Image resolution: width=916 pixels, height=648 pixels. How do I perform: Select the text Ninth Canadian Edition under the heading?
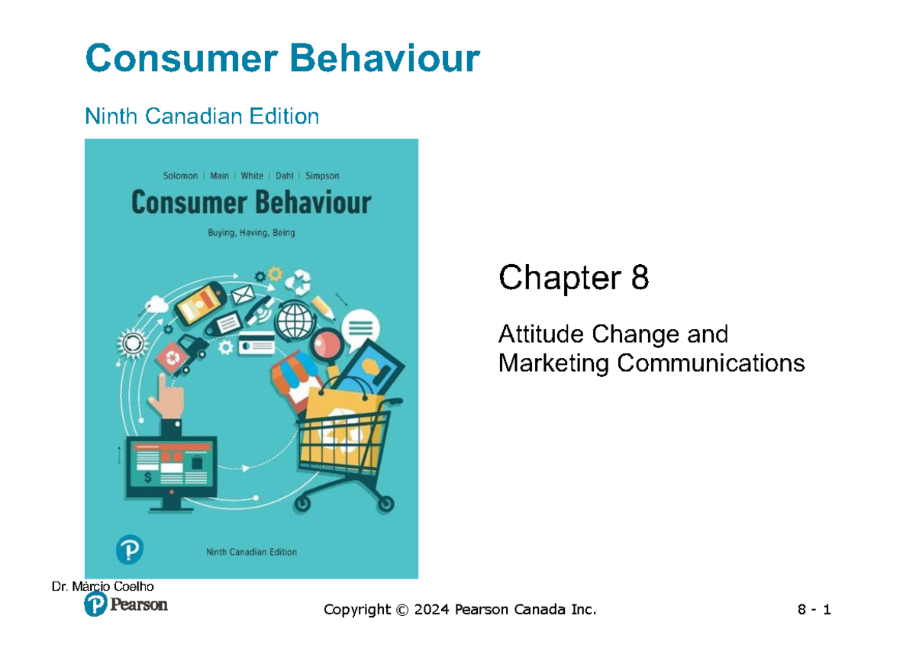(x=202, y=117)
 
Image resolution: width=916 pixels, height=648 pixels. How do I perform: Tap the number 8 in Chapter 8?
(x=640, y=279)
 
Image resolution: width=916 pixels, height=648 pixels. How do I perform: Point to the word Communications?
(x=710, y=363)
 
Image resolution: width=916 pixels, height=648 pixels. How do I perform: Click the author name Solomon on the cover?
(x=180, y=176)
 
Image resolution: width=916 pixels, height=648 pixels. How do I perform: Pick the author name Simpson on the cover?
(x=322, y=176)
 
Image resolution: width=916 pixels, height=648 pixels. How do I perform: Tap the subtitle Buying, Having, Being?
(x=251, y=234)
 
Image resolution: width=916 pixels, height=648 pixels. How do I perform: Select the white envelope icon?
(x=243, y=293)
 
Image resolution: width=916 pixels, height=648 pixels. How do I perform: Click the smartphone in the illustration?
(x=199, y=302)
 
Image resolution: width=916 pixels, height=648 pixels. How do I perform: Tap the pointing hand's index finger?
(x=161, y=382)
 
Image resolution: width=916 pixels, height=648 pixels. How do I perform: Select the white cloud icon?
(x=156, y=303)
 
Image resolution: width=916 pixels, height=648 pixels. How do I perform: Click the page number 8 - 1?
(x=814, y=610)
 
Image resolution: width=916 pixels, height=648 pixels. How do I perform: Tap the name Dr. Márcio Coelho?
(x=102, y=586)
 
